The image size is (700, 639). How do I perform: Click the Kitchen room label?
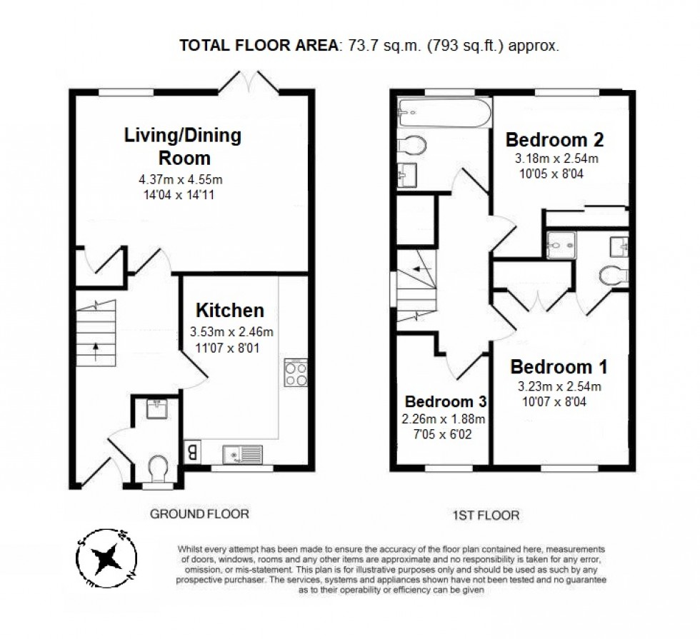230,311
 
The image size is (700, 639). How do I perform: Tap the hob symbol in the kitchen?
296,373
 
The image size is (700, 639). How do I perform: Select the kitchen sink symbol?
243,453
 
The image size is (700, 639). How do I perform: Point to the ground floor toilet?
158,468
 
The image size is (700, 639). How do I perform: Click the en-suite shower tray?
560,245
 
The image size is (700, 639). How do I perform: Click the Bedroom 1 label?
559,368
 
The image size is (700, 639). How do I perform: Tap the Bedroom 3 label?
441,401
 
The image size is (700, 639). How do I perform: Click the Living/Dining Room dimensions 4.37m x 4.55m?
186,179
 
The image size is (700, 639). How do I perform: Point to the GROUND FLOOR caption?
199,513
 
